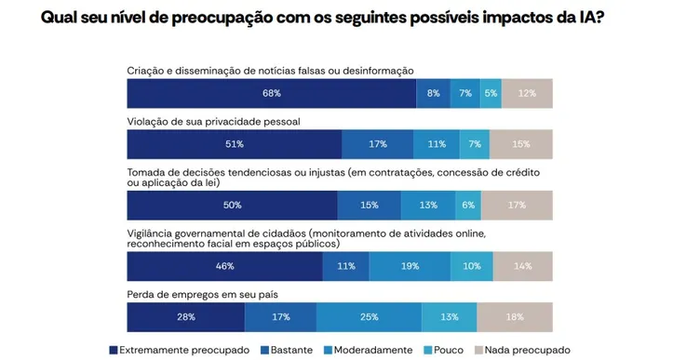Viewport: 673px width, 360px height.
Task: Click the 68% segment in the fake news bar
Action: point(271,93)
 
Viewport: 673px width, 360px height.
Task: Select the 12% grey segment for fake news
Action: point(528,93)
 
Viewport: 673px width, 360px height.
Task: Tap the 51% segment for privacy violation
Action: point(234,144)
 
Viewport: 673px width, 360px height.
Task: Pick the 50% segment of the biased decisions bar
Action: point(232,205)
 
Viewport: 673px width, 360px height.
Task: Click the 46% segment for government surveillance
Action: point(224,266)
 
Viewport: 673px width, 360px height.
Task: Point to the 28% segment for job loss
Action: point(185,317)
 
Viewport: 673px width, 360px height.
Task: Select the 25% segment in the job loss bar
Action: point(369,317)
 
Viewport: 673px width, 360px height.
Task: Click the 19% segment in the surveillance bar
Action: point(410,266)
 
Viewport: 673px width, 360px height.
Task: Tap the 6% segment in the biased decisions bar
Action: point(468,205)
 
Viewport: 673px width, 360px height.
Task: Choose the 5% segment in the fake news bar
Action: point(491,93)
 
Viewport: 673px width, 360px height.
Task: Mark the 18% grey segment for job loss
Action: point(514,317)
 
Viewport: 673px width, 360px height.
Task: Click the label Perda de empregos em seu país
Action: point(209,295)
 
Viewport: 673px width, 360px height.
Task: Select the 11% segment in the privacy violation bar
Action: point(437,144)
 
